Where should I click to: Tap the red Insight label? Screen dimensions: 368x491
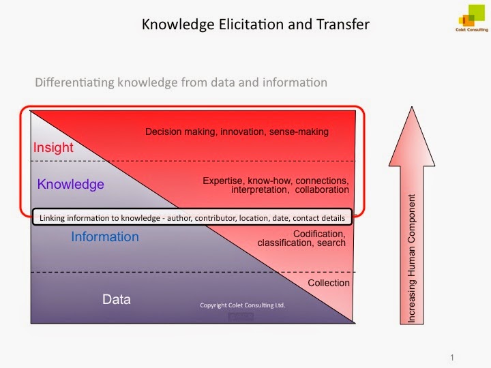[x=53, y=147]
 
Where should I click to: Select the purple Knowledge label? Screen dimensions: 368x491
[x=71, y=184]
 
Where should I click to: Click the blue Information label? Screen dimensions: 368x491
[x=105, y=237]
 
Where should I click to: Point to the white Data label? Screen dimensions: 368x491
[x=117, y=299]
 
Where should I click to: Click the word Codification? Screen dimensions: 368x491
[x=318, y=234]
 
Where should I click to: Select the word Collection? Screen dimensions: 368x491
[x=329, y=283]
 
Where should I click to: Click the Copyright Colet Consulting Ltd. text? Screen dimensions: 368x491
[x=242, y=305]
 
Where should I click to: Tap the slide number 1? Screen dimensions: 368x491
[x=452, y=356]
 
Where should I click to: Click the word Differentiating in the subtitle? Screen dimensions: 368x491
[x=69, y=82]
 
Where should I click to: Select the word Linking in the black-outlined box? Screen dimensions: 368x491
[x=53, y=218]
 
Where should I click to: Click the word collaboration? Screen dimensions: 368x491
[x=322, y=190]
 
